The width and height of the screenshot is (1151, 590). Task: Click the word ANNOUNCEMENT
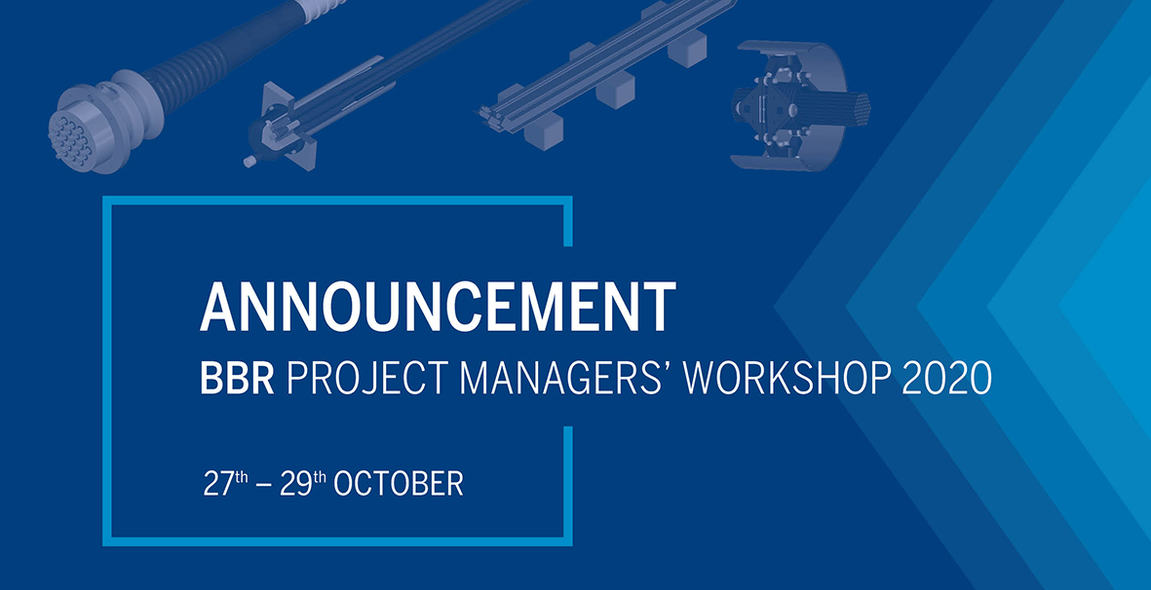click(438, 307)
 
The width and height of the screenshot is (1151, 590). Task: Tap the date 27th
click(226, 484)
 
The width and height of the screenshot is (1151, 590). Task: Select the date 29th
click(302, 484)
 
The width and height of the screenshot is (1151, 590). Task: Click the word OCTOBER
click(399, 485)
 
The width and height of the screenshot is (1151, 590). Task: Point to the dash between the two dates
click(264, 487)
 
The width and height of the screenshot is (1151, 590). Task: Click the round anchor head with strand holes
click(73, 138)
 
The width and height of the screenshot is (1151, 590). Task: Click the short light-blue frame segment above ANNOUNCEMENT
click(567, 221)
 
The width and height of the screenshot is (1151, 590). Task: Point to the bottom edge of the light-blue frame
click(337, 541)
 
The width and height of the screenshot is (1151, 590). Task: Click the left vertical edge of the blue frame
click(107, 371)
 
